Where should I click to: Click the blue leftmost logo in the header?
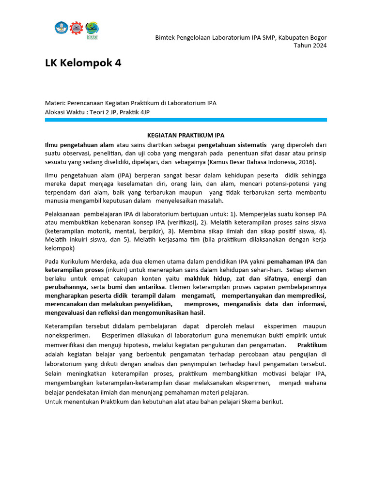(x=62, y=28)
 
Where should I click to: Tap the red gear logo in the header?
(x=77, y=28)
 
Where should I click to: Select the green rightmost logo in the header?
(x=92, y=28)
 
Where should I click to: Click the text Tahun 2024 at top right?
(x=310, y=46)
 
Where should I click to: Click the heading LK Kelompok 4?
(x=83, y=63)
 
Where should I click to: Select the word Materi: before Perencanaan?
(x=55, y=103)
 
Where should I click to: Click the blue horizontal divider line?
(x=186, y=120)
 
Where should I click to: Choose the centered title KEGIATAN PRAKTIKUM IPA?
(x=186, y=136)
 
